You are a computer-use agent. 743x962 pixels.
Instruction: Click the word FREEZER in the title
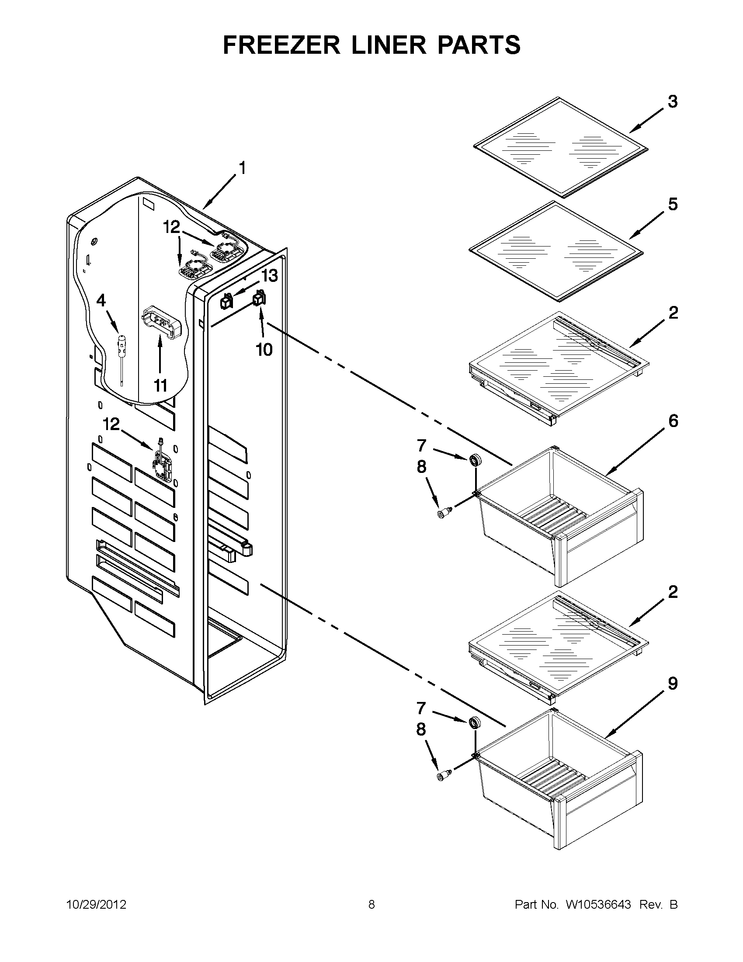[281, 45]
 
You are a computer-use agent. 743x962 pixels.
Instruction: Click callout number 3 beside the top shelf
[672, 102]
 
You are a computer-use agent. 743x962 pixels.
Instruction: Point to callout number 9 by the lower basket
[673, 684]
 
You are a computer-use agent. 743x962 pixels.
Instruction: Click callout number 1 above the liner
[242, 168]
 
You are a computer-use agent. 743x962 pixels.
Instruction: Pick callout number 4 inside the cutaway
[101, 301]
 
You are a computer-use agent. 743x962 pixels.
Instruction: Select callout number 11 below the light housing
[160, 386]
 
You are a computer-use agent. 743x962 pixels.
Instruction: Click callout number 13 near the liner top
[269, 276]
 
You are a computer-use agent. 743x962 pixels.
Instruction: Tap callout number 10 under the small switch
[264, 350]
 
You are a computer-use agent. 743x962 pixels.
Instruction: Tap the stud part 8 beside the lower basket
[443, 775]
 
